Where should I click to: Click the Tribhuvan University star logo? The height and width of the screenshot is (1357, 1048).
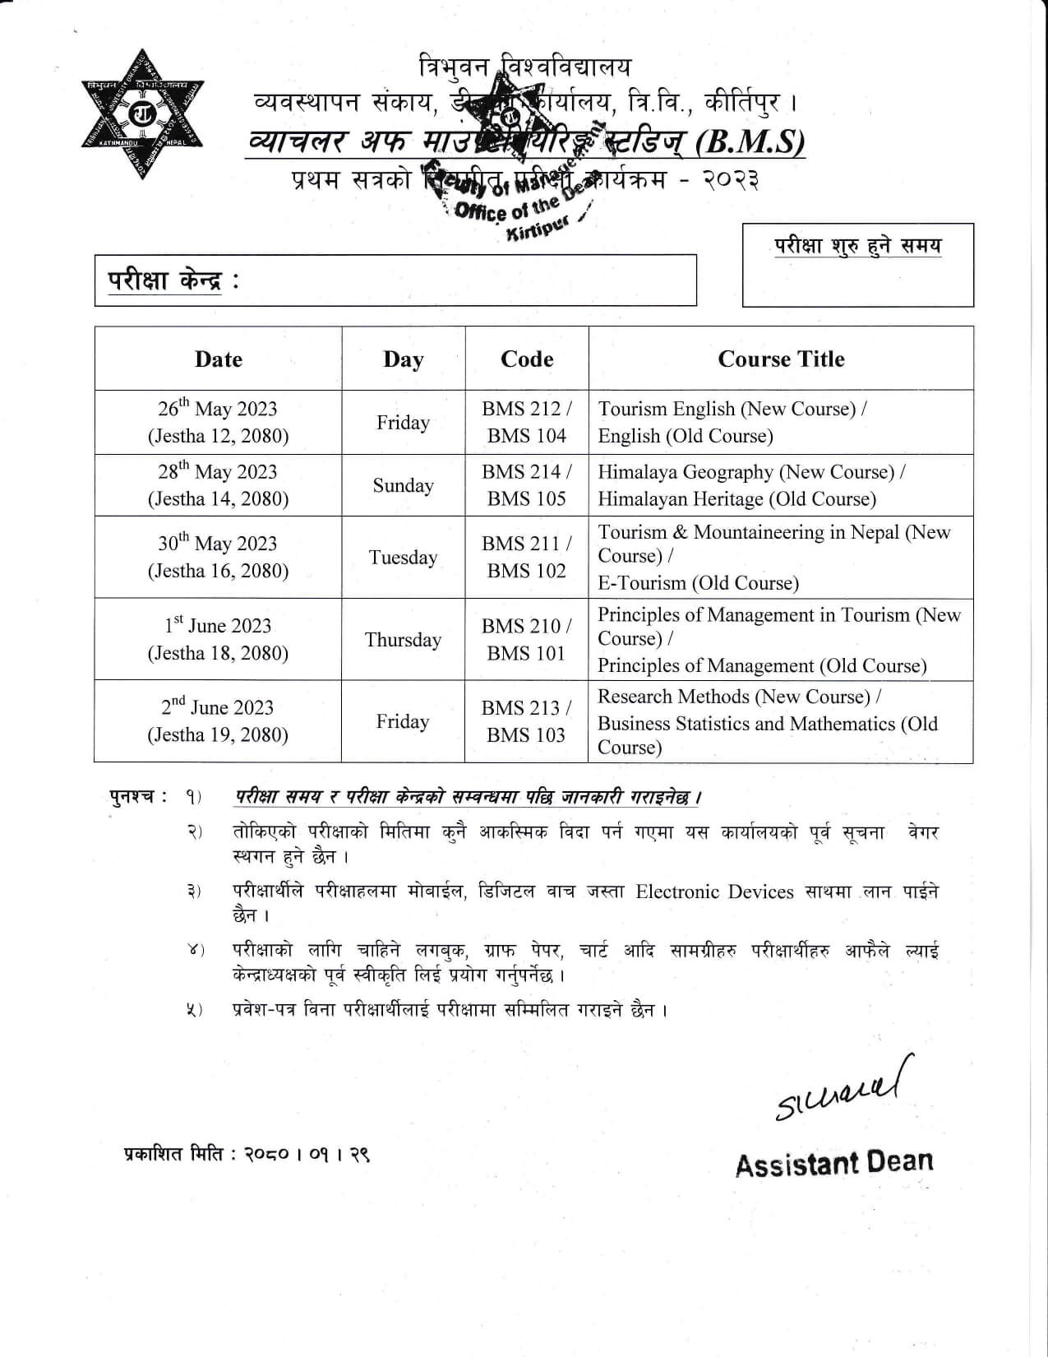pos(142,114)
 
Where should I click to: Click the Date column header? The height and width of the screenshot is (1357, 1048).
pos(219,359)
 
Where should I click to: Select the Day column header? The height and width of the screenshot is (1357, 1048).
pos(403,359)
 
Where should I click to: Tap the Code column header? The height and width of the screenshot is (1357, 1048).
pos(527,359)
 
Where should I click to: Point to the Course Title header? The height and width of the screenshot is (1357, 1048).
pos(781,359)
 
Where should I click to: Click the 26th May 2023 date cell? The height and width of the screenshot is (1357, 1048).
pos(218,422)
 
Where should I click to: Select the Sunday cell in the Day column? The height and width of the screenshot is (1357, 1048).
pos(403,485)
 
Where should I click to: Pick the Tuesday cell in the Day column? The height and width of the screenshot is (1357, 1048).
pos(403,558)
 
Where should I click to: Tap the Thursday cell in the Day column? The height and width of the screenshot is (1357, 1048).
pos(403,640)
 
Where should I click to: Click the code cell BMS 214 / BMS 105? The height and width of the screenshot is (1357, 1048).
pos(527,485)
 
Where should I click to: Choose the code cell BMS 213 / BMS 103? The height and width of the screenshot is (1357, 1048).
pos(526,721)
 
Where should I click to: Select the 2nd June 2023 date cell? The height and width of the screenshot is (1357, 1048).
pos(218,721)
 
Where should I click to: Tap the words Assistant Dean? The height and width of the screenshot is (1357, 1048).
pos(834,1163)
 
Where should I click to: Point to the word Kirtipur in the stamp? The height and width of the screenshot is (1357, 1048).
pos(535,229)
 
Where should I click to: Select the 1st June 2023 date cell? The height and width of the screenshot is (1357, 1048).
pos(218,640)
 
